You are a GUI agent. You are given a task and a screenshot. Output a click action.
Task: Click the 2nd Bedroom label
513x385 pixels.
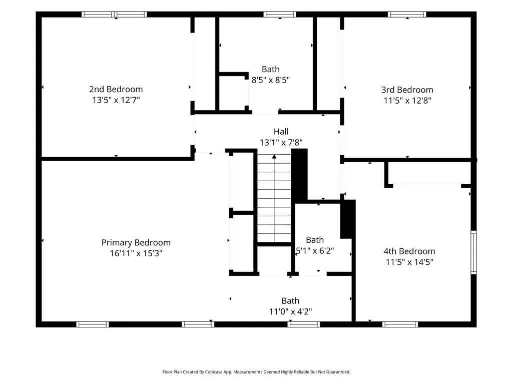[x=116, y=89]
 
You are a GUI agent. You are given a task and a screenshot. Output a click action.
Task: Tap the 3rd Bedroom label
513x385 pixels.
[x=407, y=90]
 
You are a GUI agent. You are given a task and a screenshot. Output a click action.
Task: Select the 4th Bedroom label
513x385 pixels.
[x=409, y=251]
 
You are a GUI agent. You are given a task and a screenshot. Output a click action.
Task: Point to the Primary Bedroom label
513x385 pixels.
[x=136, y=243]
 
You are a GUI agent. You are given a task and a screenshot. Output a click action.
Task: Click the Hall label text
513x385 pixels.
[x=281, y=132]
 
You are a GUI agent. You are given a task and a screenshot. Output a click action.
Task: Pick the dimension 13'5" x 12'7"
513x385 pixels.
[x=116, y=100]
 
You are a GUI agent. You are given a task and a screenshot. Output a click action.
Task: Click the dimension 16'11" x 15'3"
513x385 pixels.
[x=136, y=253]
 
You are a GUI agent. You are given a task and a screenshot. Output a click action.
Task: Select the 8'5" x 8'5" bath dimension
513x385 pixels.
[x=271, y=80]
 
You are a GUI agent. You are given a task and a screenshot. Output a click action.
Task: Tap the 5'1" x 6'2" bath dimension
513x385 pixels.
[x=315, y=251]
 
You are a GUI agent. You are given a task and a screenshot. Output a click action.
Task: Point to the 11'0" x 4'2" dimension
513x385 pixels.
[x=290, y=311]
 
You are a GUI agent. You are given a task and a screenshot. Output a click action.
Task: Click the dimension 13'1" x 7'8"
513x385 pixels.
[x=281, y=142]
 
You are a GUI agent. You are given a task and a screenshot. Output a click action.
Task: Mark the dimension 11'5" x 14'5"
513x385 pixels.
[x=409, y=262]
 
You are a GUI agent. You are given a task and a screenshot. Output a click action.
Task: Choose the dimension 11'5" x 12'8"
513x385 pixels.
[x=407, y=101]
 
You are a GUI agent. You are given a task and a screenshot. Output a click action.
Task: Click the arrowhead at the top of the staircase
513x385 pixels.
[x=274, y=157]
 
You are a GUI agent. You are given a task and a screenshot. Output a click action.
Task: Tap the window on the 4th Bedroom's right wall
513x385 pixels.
[x=473, y=252]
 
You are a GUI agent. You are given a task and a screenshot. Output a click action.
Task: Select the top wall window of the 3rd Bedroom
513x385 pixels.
[x=407, y=15]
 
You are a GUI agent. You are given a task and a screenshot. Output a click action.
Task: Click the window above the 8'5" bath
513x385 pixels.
[x=280, y=15]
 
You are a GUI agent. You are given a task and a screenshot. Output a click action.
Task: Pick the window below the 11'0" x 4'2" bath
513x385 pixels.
[x=304, y=324]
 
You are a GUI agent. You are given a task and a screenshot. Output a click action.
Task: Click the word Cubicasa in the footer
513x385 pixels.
[x=215, y=372]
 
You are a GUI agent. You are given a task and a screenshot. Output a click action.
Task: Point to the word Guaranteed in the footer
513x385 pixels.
[x=339, y=372]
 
